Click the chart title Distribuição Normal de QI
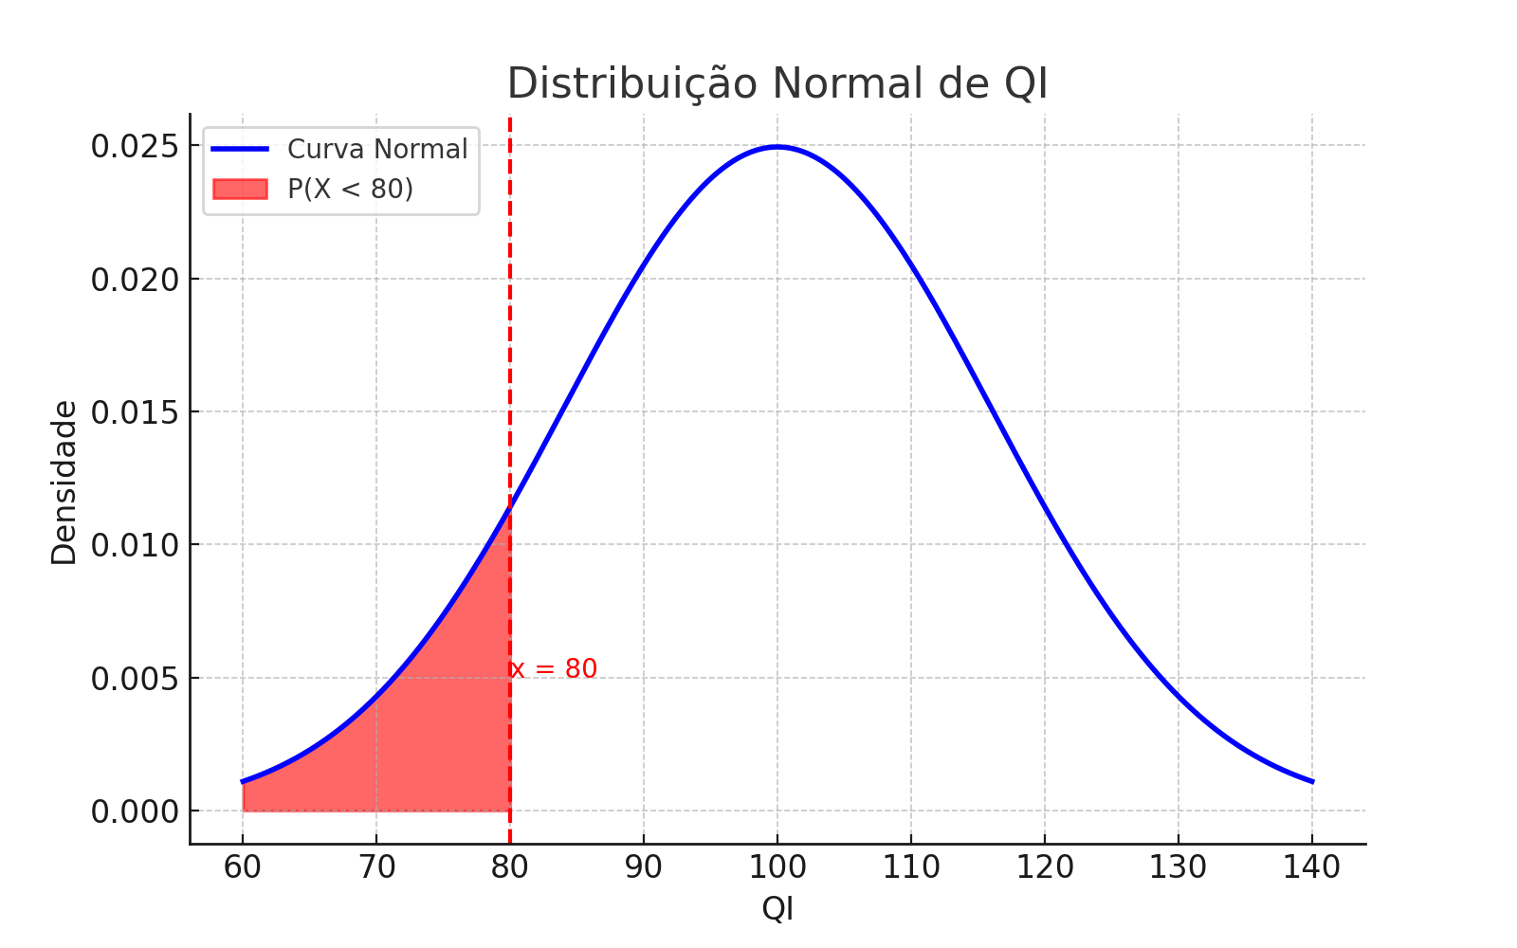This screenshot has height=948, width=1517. click(x=777, y=83)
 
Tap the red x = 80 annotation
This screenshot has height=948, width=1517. click(x=555, y=669)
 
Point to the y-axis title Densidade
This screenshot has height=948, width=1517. click(x=64, y=483)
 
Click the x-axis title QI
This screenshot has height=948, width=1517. click(x=777, y=909)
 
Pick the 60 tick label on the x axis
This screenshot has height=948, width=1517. click(x=243, y=866)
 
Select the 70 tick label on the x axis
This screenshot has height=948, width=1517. click(x=376, y=866)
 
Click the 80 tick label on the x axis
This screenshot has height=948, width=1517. click(x=510, y=866)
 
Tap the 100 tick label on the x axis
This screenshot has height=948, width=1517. click(x=777, y=866)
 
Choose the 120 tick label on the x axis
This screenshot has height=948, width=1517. click(x=1045, y=866)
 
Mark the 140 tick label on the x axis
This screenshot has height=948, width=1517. click(x=1312, y=866)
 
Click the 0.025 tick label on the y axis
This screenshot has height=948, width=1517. click(x=135, y=147)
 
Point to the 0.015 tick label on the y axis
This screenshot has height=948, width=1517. click(x=135, y=412)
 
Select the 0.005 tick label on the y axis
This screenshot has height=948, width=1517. click(x=135, y=679)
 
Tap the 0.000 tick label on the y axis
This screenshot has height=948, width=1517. click(x=135, y=811)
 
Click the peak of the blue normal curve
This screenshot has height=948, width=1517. click(x=777, y=147)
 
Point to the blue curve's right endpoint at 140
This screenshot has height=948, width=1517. click(x=1311, y=781)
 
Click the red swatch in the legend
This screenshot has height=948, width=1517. click(x=240, y=189)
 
